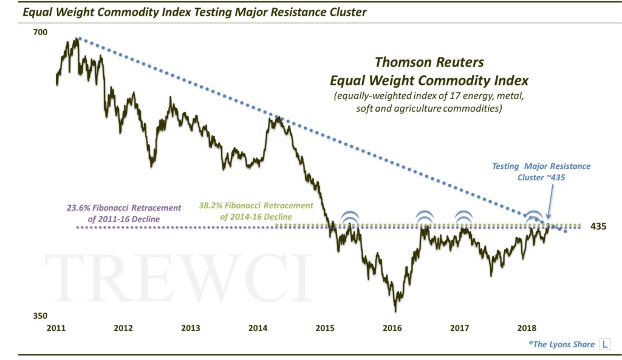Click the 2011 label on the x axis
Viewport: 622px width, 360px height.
tap(56, 328)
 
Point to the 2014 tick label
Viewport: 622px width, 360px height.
tap(258, 328)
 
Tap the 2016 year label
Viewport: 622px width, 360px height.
tap(393, 328)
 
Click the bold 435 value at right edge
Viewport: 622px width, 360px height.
tap(598, 226)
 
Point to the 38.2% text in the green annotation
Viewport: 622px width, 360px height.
tap(213, 206)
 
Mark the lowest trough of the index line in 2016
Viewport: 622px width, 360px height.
tap(395, 310)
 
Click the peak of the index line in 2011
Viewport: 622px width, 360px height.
tap(77, 39)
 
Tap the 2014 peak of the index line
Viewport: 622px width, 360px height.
tap(277, 117)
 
